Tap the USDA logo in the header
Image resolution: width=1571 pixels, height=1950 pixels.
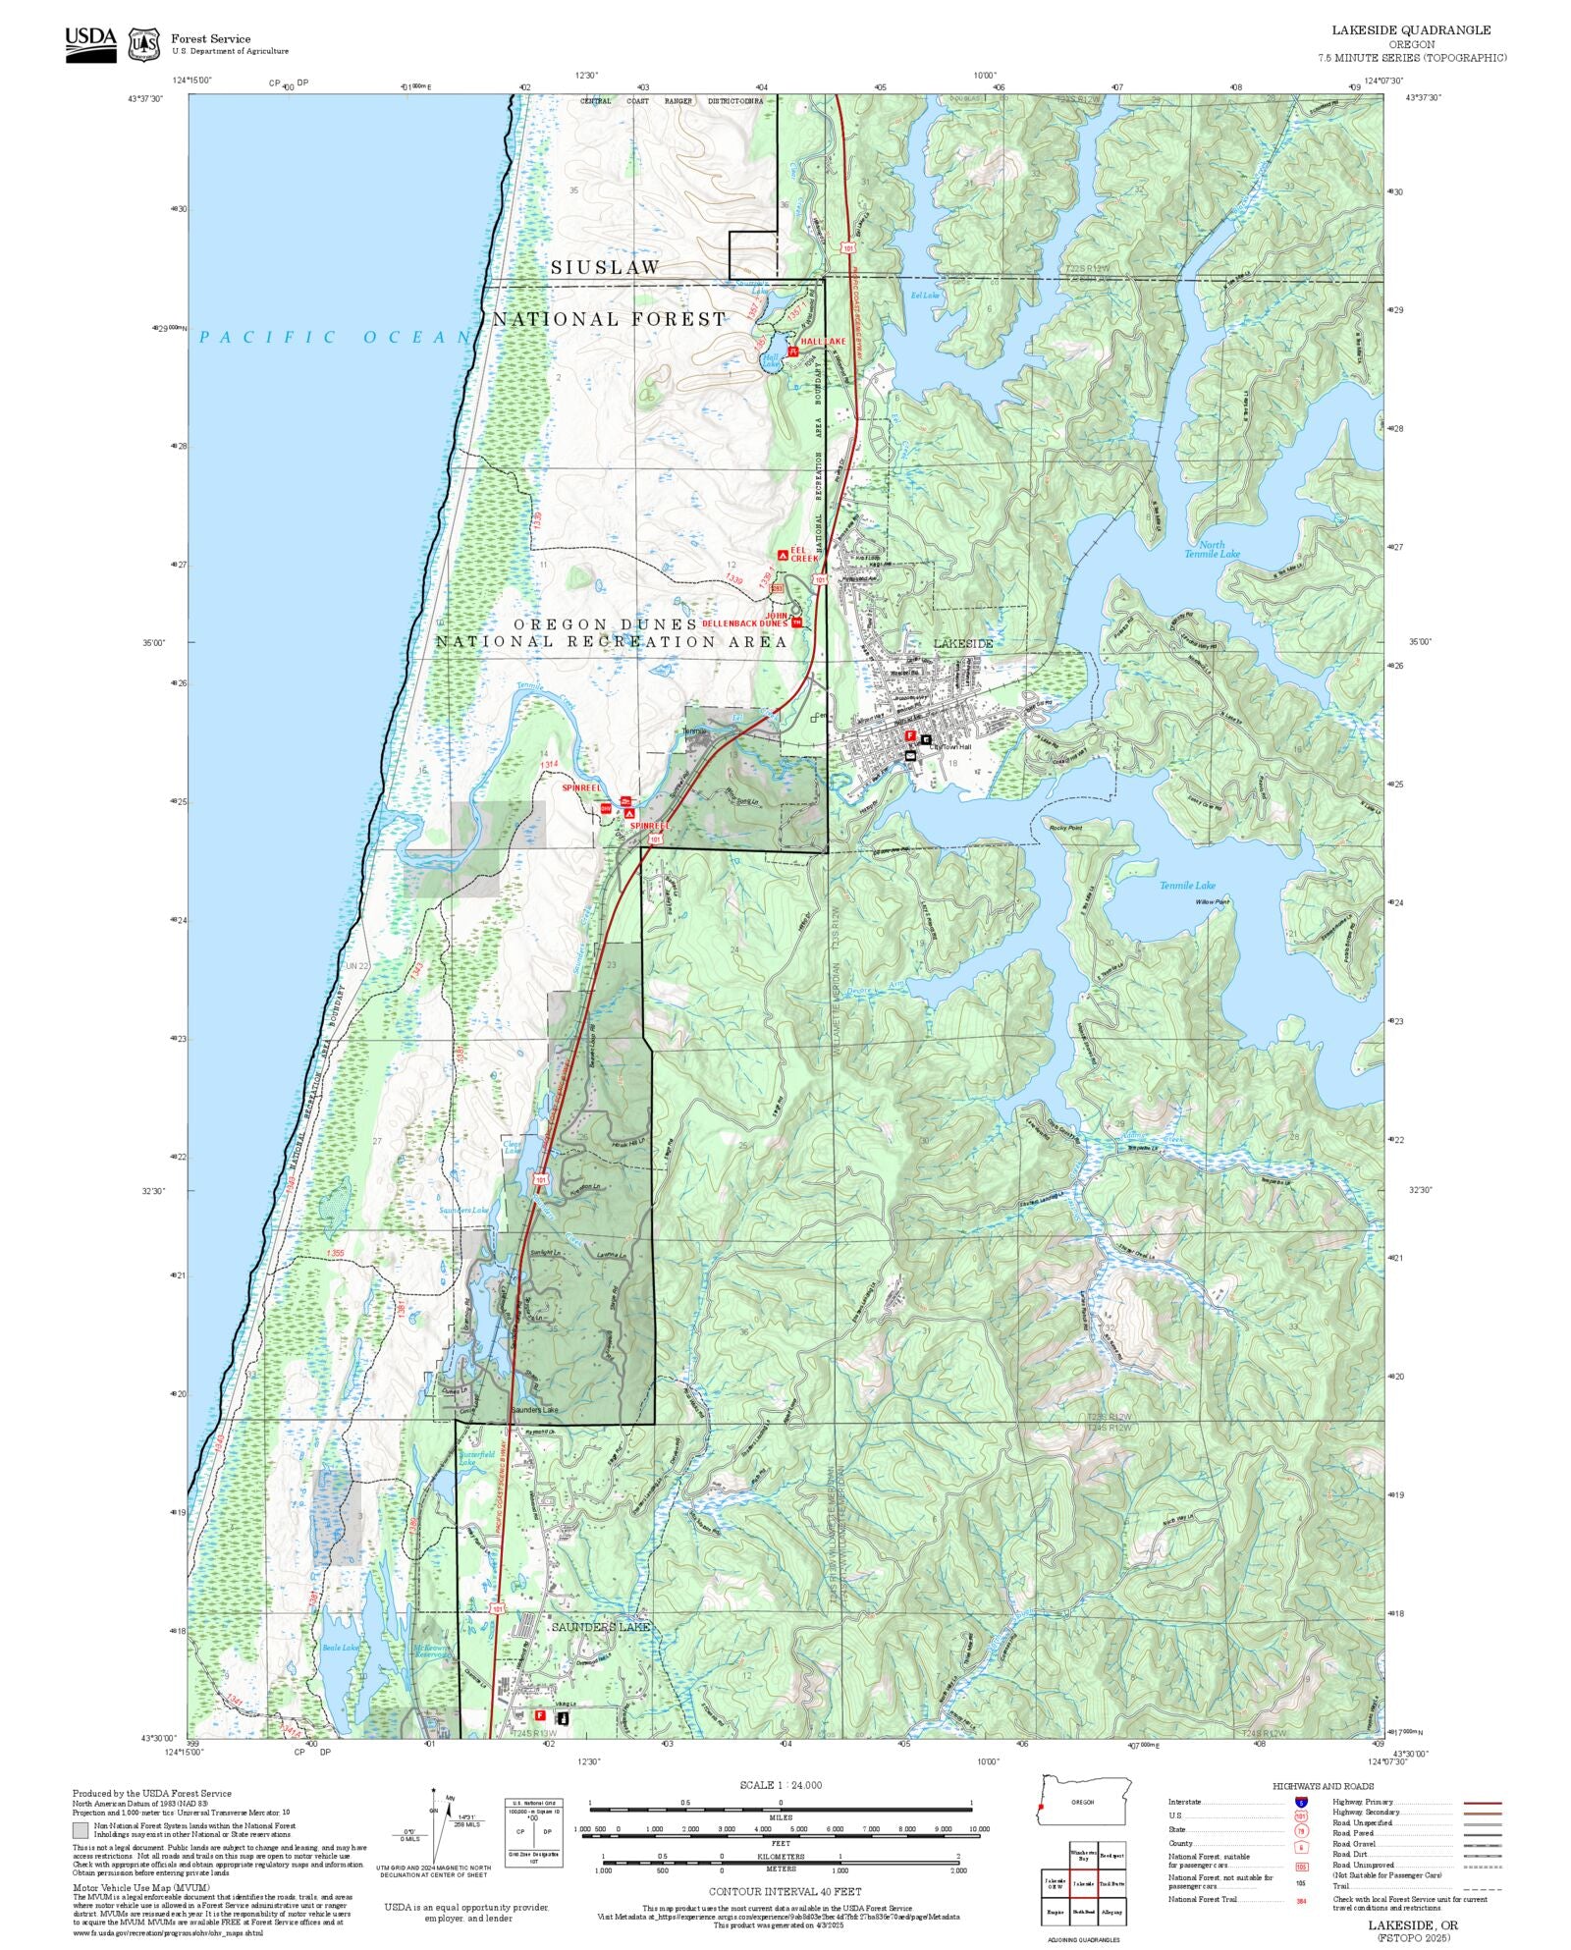[x=90, y=44]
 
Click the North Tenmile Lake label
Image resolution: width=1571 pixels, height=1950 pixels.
[x=1212, y=549]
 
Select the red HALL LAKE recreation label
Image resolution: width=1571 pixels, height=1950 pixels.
[x=822, y=341]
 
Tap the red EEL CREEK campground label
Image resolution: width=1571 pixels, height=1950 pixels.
[x=803, y=554]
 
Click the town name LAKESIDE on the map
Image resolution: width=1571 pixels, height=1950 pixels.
[x=962, y=643]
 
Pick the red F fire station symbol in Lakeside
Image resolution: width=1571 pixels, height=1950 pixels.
[x=909, y=735]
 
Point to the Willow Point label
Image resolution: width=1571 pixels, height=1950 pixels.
[x=1212, y=901]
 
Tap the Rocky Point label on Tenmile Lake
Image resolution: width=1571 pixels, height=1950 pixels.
[x=1064, y=828]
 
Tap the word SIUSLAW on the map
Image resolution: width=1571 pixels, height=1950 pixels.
[x=605, y=267]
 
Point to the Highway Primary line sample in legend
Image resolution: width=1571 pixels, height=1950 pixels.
[x=1482, y=1803]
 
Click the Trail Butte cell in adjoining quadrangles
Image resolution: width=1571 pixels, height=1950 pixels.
[x=1111, y=1883]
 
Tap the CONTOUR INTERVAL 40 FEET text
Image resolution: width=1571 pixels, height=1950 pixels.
[x=785, y=1891]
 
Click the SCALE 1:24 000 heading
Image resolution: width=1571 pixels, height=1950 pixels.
[x=781, y=1785]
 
